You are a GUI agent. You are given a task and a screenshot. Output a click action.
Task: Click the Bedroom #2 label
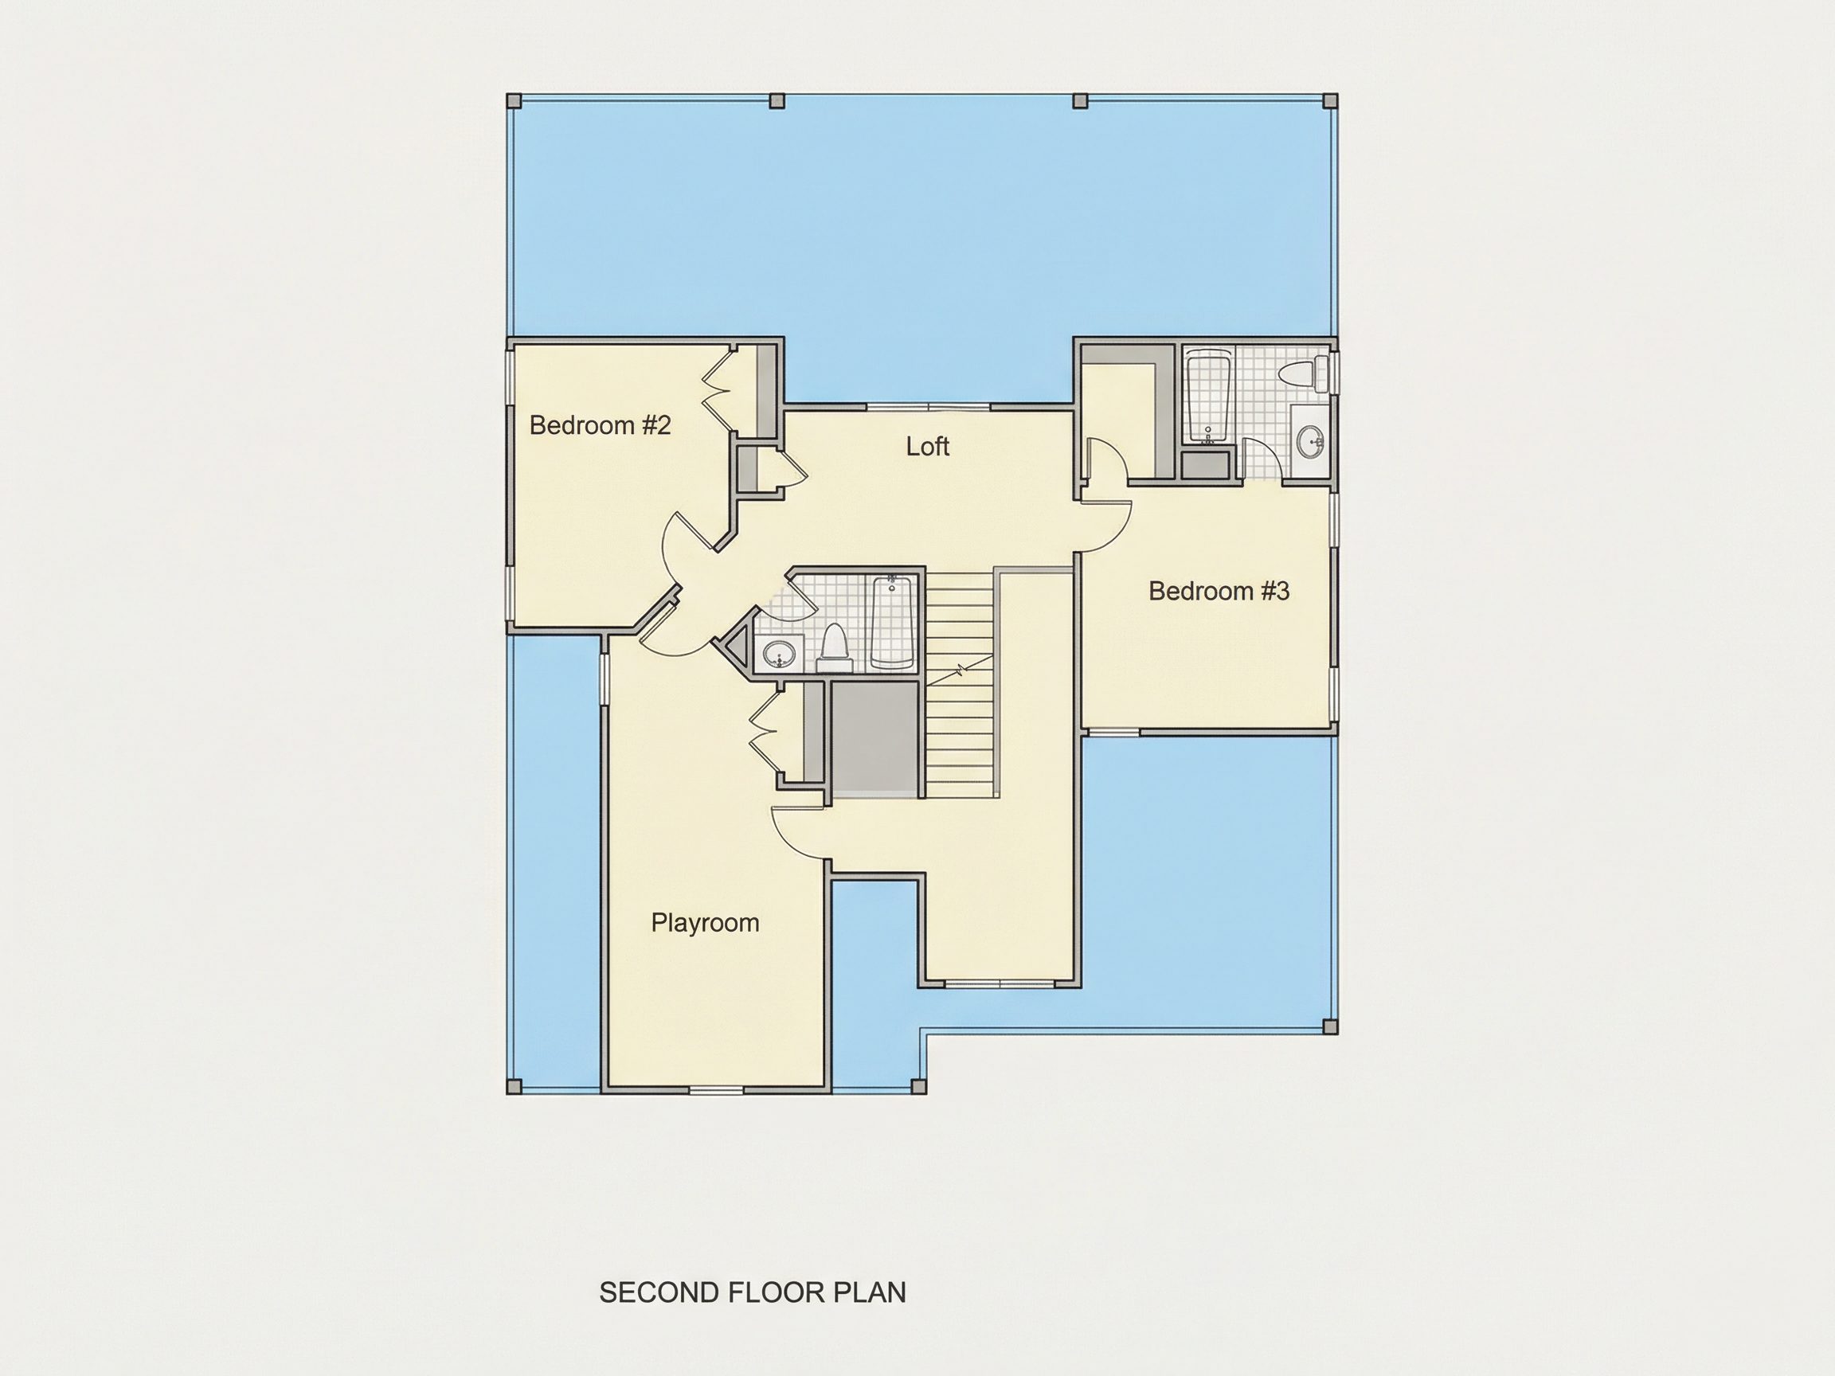tap(600, 425)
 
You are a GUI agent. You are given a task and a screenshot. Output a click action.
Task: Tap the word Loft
tap(927, 446)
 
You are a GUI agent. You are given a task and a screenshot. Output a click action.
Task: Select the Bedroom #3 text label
tap(1219, 591)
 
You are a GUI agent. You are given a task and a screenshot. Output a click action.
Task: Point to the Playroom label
tap(705, 922)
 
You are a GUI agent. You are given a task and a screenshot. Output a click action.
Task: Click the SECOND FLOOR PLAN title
tap(753, 1292)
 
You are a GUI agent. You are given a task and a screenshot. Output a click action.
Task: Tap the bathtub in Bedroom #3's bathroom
tap(1209, 397)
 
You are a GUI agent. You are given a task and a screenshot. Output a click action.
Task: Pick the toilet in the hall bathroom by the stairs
tap(834, 646)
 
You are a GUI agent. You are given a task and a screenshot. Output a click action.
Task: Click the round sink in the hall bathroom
tap(778, 655)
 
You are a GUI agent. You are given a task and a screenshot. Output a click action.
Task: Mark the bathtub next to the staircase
tap(892, 621)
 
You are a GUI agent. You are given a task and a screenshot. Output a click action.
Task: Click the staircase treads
tap(960, 685)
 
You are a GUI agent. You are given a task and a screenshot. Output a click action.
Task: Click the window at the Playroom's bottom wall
tap(716, 1089)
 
